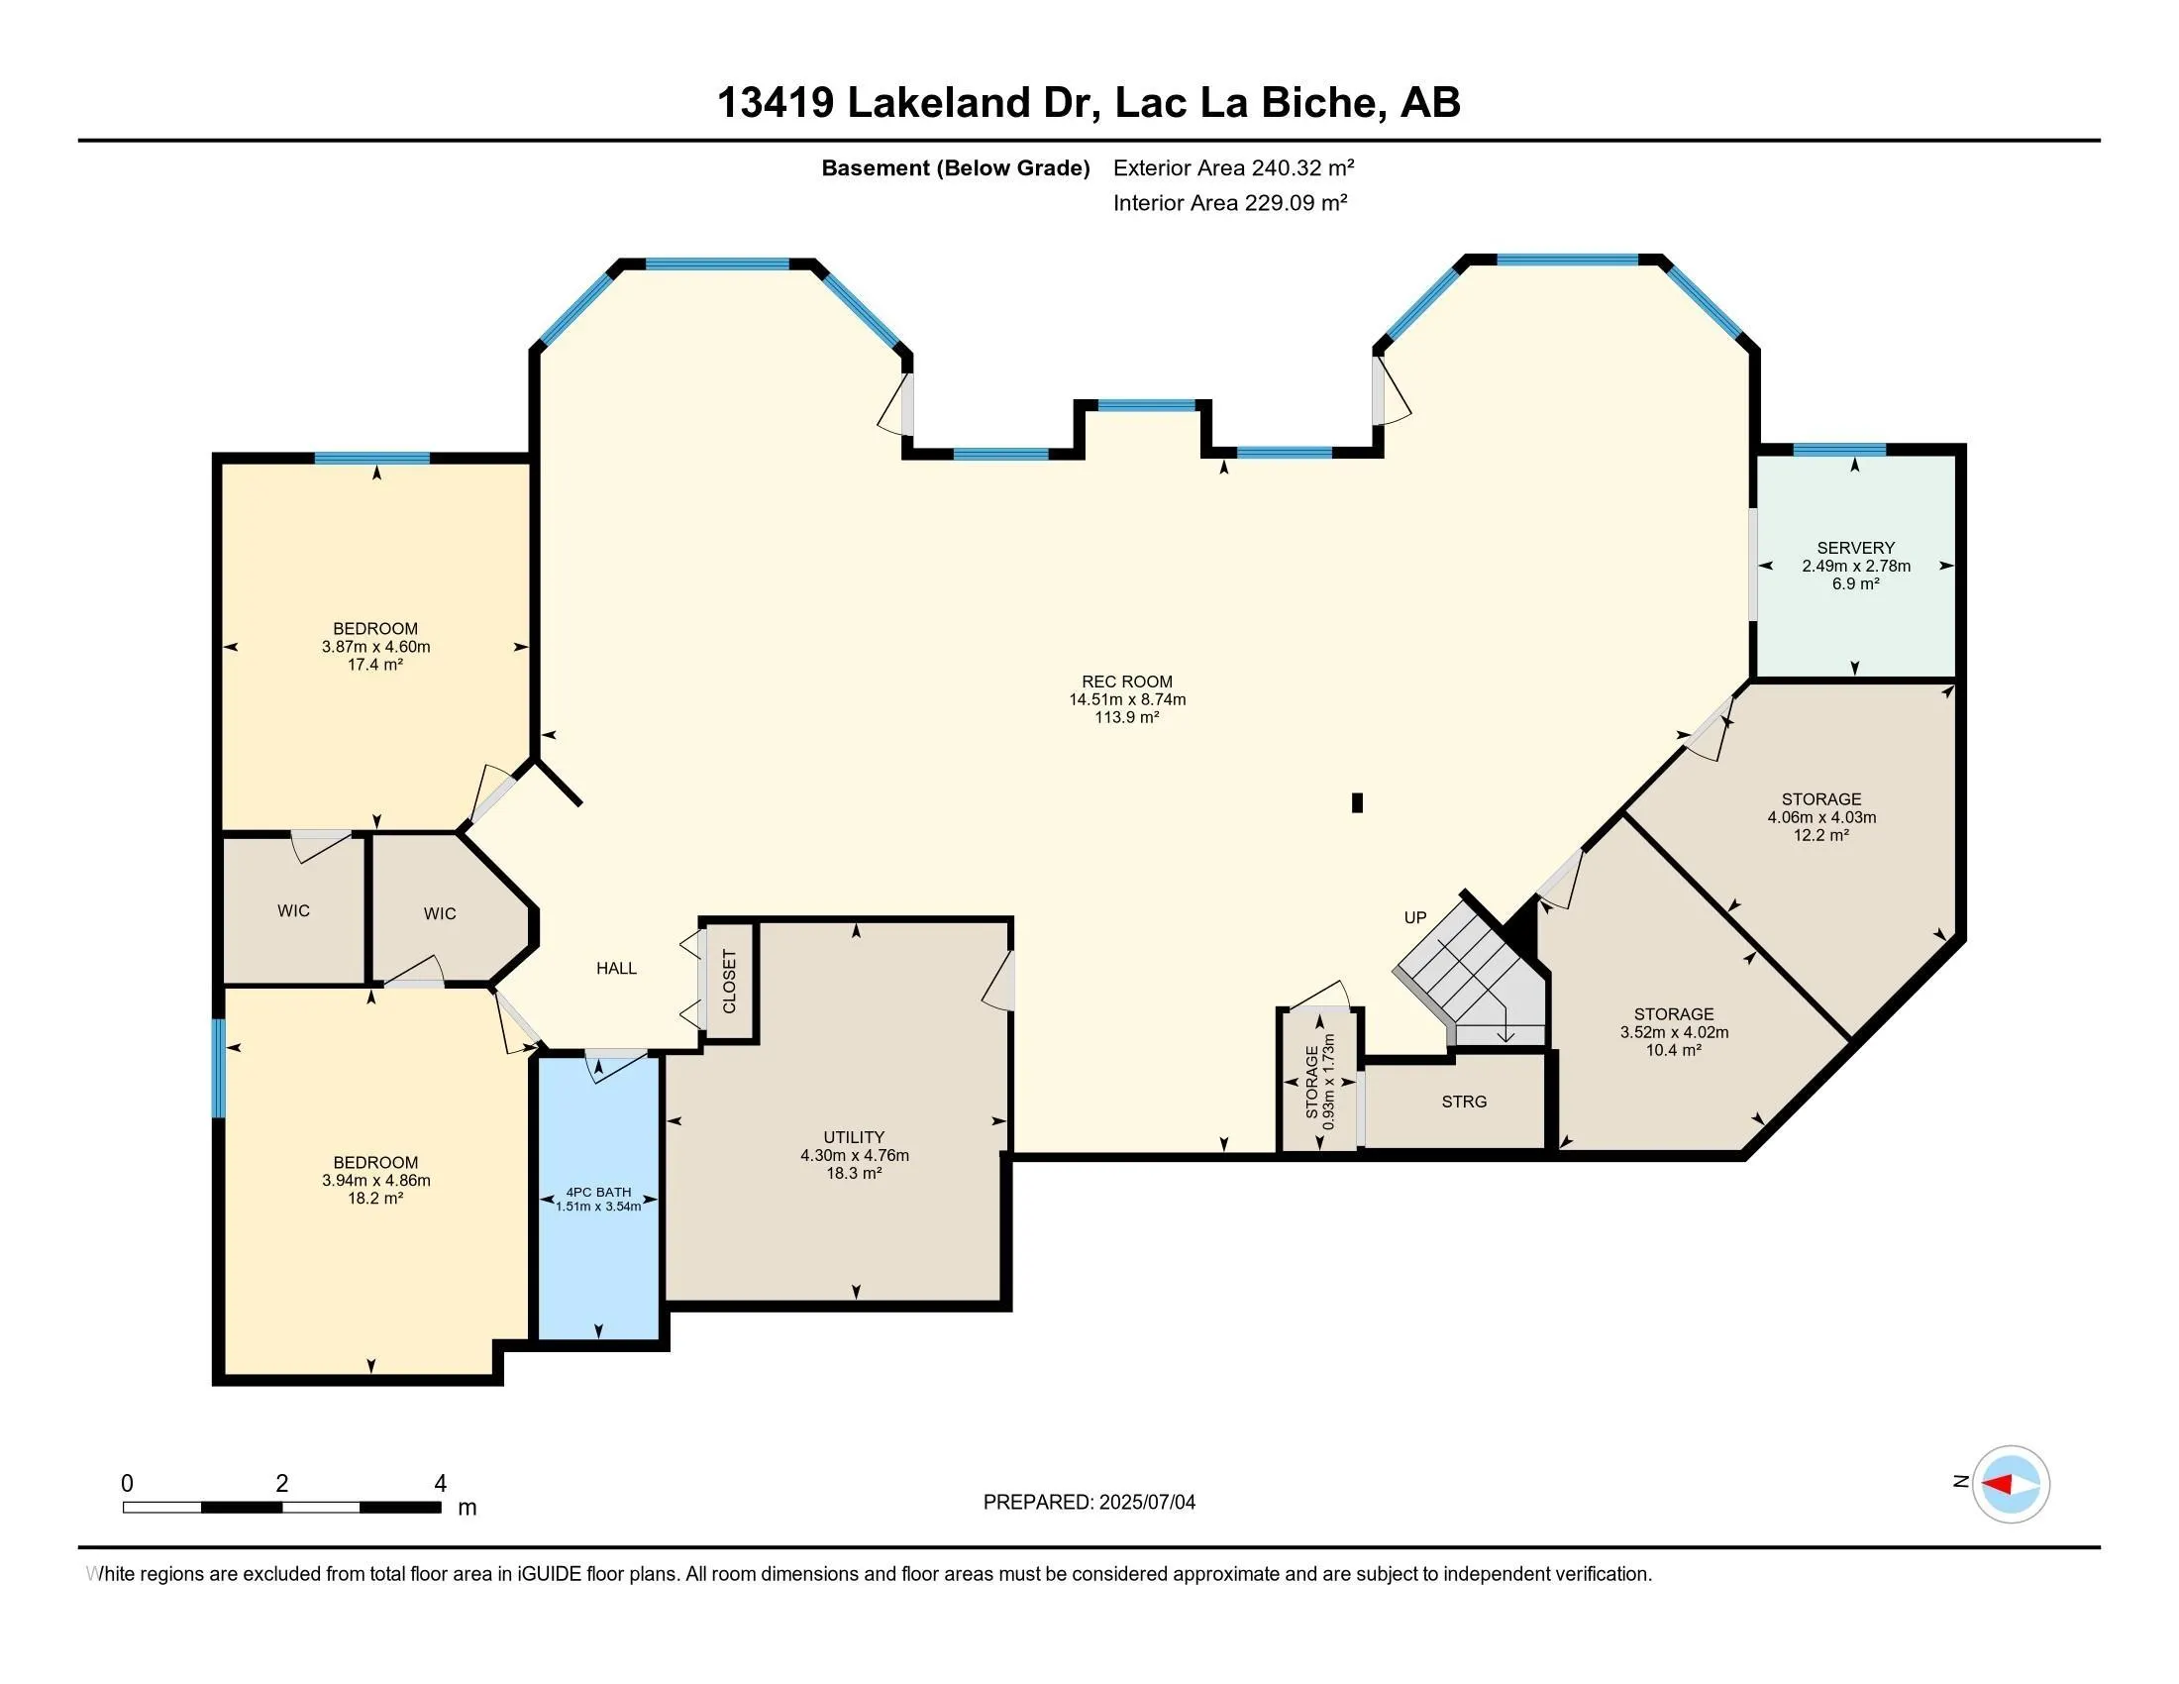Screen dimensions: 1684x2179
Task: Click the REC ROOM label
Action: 1126,682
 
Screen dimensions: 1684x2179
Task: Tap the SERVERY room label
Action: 1855,548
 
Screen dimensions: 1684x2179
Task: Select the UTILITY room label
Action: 853,1137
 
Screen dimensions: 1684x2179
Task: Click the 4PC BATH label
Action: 597,1192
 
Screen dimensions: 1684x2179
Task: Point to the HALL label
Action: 616,968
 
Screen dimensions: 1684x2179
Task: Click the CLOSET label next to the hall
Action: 729,982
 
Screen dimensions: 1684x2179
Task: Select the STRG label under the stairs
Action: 1464,1102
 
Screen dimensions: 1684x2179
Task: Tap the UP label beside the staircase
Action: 1414,918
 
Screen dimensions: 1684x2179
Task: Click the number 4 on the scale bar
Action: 440,1484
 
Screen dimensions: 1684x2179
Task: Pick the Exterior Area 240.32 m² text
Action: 1233,167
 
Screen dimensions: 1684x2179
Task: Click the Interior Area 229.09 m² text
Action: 1229,203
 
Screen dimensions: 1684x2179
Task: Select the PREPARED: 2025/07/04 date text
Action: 1089,1503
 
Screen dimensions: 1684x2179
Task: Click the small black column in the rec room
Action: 1356,802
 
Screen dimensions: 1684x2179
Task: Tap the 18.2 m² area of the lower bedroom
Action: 375,1199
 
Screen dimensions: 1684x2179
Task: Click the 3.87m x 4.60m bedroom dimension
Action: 375,647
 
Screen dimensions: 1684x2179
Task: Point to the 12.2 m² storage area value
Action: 1820,835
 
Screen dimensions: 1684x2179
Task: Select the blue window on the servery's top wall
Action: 1839,450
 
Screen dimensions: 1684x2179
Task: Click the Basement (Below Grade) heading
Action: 955,168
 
